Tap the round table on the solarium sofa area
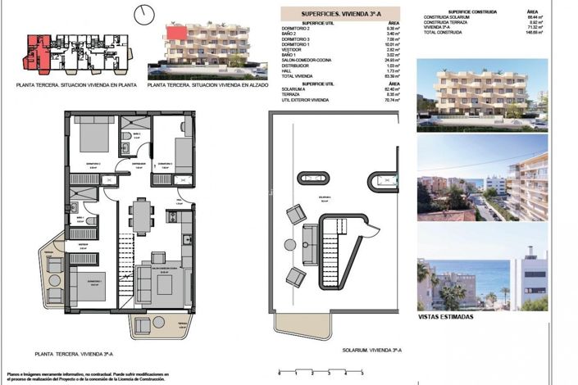[289, 244]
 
